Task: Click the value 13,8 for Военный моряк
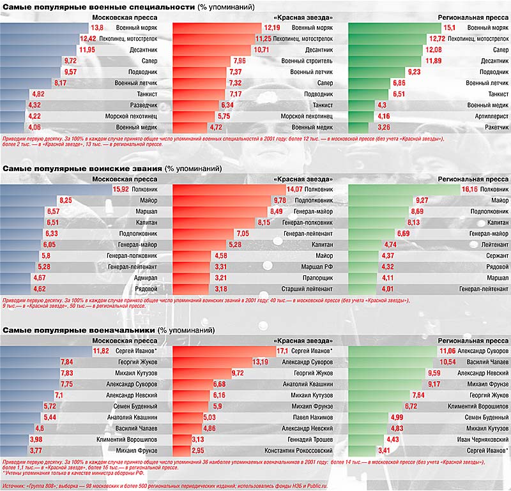point(97,28)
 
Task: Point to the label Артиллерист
point(489,116)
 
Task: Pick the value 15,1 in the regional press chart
point(450,28)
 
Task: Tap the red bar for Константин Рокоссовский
point(183,450)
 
